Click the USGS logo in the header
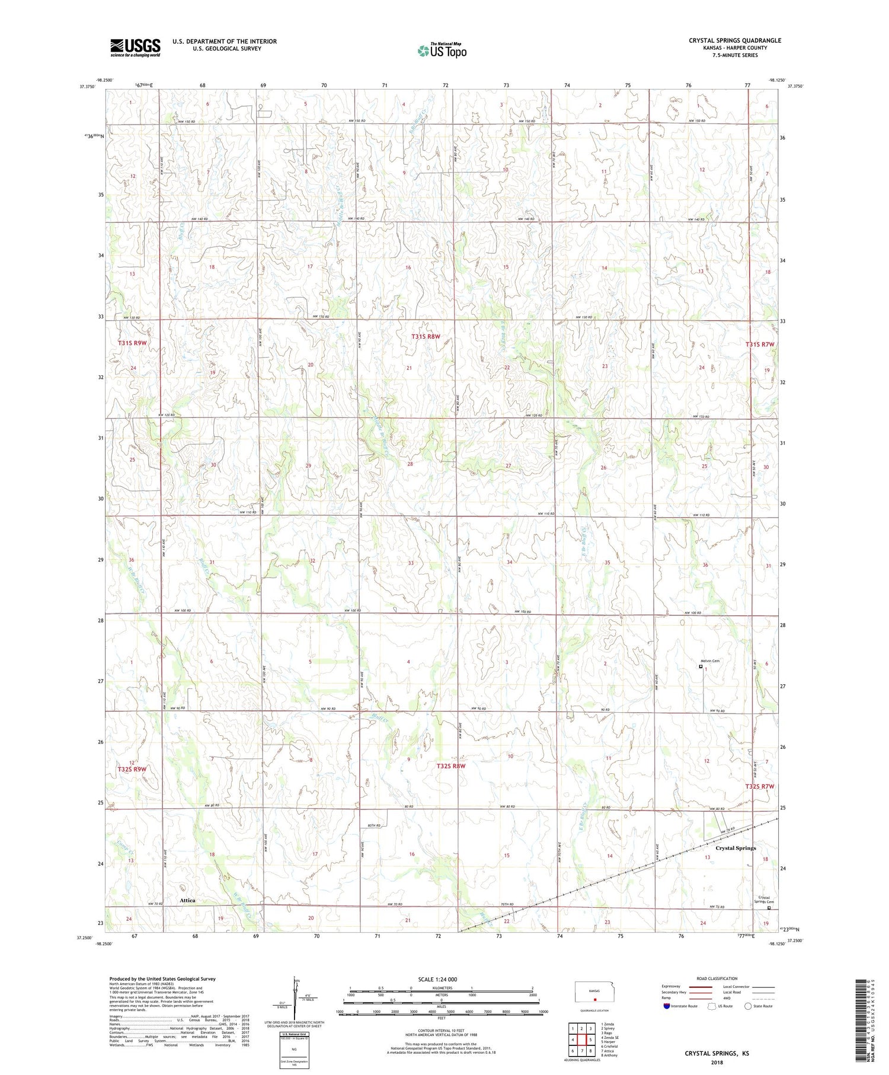point(135,47)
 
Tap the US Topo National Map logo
point(442,50)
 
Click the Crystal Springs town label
point(735,848)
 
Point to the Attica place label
point(187,900)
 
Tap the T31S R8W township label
point(426,337)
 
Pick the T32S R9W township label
point(132,769)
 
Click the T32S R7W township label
point(760,786)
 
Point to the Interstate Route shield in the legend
point(667,1006)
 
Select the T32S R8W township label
point(451,766)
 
